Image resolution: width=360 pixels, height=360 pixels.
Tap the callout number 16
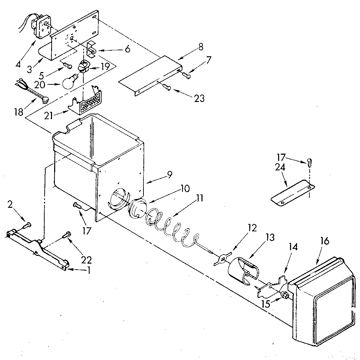pyautogui.click(x=324, y=241)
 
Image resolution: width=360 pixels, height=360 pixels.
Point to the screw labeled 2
pyautogui.click(x=27, y=224)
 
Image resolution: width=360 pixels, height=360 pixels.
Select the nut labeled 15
pyautogui.click(x=283, y=295)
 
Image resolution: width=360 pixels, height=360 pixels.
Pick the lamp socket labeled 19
pyautogui.click(x=84, y=66)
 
